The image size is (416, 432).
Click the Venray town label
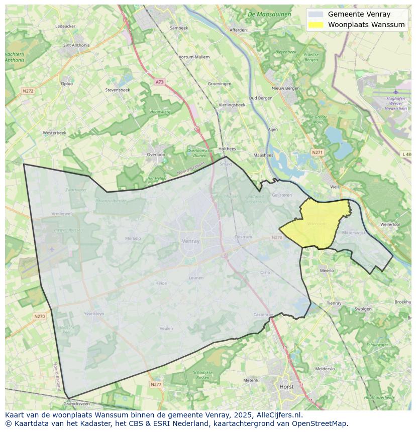click(x=190, y=241)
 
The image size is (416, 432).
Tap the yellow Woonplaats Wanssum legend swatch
click(x=316, y=25)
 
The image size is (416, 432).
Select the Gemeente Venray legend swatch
click(x=316, y=14)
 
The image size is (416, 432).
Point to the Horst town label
click(x=286, y=387)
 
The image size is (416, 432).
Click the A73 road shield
click(x=159, y=82)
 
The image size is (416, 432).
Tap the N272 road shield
click(x=28, y=91)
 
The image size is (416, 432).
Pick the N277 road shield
click(x=156, y=384)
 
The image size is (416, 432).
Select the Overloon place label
click(x=156, y=155)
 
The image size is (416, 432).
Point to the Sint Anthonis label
click(x=76, y=45)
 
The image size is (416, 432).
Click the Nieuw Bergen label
click(x=285, y=88)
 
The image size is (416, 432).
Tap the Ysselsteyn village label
click(x=94, y=314)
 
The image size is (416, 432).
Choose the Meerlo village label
click(x=327, y=270)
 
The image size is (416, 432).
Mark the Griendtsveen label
click(x=76, y=403)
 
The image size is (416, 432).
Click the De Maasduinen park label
click(x=269, y=15)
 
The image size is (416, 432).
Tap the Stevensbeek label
click(x=118, y=90)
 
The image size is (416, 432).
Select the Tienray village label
click(x=334, y=303)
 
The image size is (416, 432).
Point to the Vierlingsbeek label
click(x=232, y=105)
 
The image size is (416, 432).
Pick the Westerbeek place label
click(x=54, y=133)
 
